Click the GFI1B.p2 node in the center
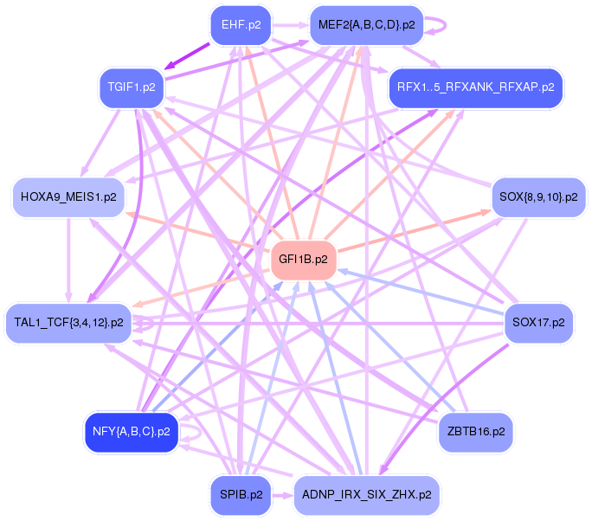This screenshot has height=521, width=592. coord(303,259)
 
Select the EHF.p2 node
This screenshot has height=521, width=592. coord(241,24)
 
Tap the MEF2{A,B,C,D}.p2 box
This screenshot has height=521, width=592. coord(367,24)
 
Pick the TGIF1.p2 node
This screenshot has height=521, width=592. coord(132,87)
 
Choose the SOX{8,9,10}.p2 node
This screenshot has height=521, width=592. coord(538,197)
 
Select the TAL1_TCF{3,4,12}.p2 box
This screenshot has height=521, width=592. coord(68,322)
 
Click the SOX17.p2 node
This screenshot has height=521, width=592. coord(538,322)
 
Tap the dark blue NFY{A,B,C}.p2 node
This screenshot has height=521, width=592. coord(131,430)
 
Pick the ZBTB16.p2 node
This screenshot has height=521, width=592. coord(476,430)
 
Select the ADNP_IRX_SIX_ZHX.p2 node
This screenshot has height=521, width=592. coord(367,495)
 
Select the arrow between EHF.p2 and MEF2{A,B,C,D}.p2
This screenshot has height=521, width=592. coord(291,24)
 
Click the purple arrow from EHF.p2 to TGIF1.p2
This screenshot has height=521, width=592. coord(189,56)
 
